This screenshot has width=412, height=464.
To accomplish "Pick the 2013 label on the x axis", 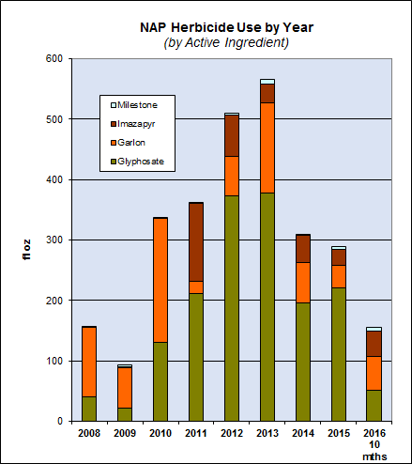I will tap(267, 433).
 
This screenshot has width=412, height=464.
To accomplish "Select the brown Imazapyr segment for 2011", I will tap(195, 241).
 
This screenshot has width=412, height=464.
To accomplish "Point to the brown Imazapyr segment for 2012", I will tap(231, 135).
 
